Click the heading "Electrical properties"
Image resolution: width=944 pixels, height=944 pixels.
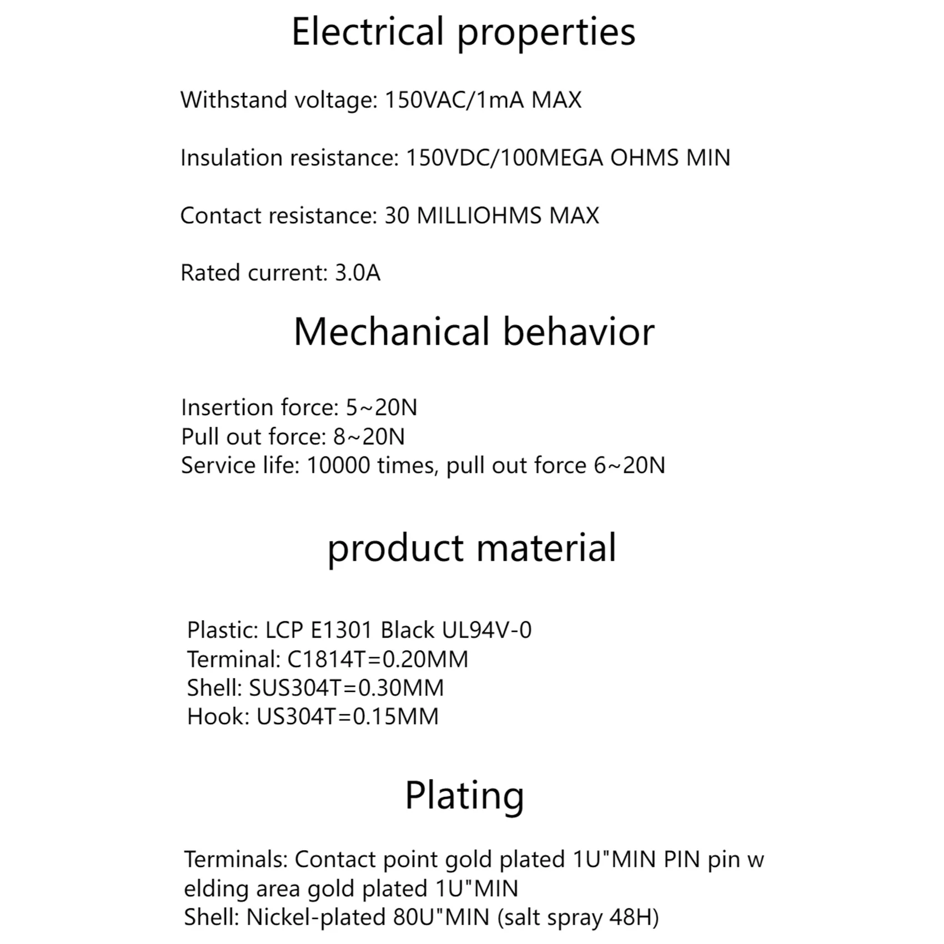tap(463, 32)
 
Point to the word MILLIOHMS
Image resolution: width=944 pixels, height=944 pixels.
tap(479, 215)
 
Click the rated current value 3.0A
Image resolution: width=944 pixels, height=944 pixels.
tap(358, 273)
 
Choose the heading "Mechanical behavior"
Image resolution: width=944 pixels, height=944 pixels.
tap(474, 332)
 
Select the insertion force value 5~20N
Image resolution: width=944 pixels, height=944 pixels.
tap(381, 408)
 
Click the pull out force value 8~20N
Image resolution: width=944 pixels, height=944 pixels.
tap(369, 436)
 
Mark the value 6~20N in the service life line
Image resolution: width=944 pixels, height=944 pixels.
tap(629, 465)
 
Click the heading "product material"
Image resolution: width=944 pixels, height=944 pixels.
tap(471, 548)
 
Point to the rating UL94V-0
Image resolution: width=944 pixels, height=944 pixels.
tap(486, 630)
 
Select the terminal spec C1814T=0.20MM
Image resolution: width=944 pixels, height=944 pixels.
tap(378, 659)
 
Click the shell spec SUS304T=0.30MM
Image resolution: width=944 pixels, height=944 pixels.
tap(347, 688)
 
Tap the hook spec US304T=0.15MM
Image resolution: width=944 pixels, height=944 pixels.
tap(348, 716)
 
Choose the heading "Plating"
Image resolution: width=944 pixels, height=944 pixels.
tap(464, 796)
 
